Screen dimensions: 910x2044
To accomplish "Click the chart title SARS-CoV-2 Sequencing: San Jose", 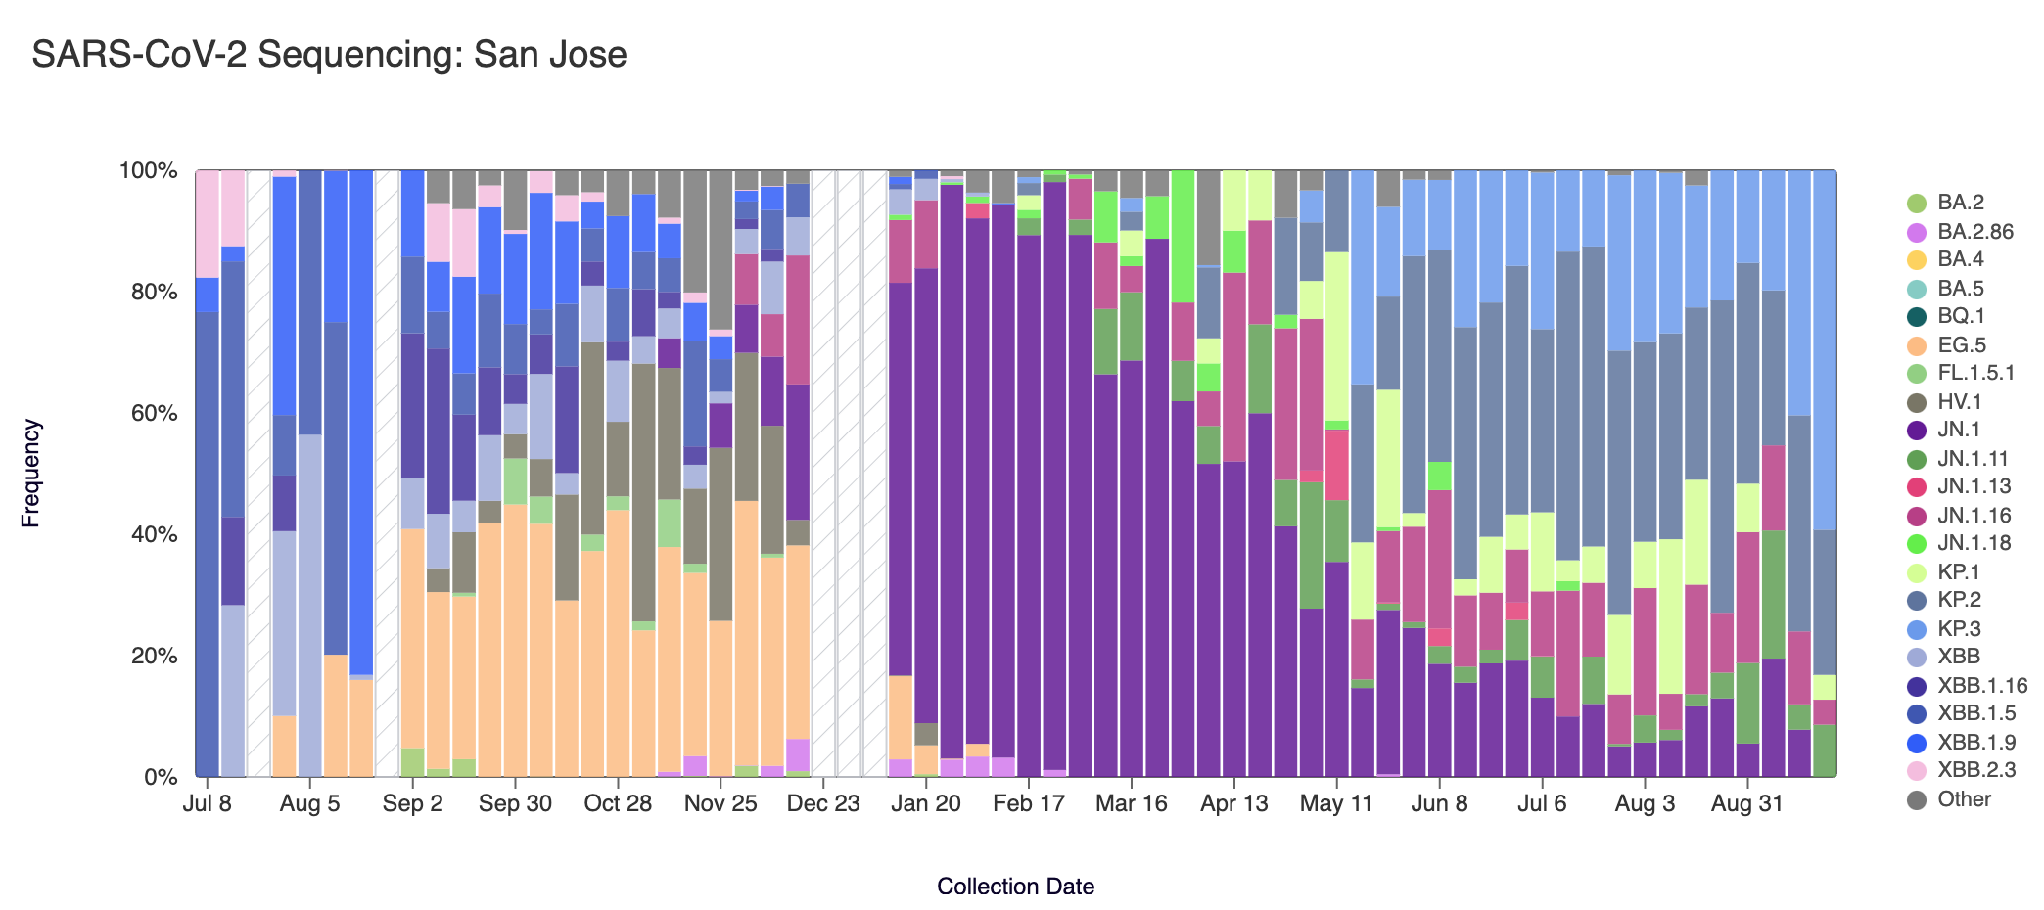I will (x=329, y=55).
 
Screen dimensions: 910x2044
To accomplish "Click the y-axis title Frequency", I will (x=31, y=474).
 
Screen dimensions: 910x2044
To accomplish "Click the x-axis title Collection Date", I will (x=1015, y=887).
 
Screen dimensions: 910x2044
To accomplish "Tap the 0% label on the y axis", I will (x=161, y=777).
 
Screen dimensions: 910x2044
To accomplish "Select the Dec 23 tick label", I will (x=822, y=804).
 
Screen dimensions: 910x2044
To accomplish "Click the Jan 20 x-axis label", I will (x=925, y=804).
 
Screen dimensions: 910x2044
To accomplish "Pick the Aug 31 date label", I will (x=1747, y=804).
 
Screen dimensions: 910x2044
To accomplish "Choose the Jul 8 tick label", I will (x=208, y=804).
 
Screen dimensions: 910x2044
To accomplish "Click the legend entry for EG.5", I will (x=1962, y=344).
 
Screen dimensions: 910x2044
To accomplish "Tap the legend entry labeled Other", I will (x=1964, y=798).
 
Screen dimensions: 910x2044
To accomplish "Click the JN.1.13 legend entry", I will (x=1974, y=486).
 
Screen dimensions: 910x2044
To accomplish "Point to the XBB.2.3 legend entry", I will (x=1975, y=770).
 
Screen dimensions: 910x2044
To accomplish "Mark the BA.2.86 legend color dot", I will (x=1917, y=232).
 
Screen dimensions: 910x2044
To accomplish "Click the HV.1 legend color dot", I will (x=1917, y=401).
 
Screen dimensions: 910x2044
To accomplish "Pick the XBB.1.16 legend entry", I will (x=1981, y=685).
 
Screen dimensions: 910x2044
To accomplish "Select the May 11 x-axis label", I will (x=1336, y=804).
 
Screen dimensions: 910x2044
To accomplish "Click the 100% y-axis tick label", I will (x=149, y=171).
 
